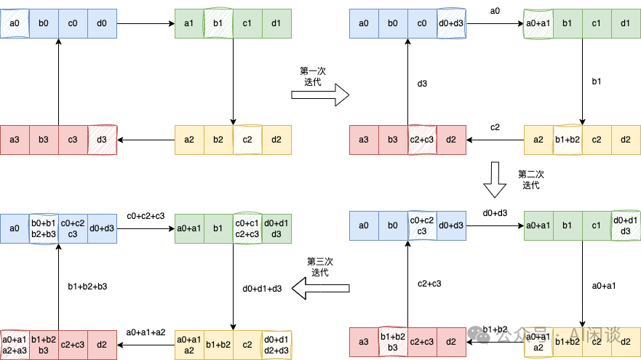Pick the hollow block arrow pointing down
[495, 180]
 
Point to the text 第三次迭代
[321, 267]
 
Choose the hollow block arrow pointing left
[321, 289]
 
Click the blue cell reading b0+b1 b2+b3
[44, 229]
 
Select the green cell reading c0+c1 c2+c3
[247, 229]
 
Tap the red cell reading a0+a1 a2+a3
[15, 345]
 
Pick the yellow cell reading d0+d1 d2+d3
[276, 345]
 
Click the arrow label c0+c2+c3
[146, 216]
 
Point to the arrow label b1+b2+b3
[87, 286]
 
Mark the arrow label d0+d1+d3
[263, 288]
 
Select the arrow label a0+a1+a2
[146, 332]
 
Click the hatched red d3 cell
[102, 140]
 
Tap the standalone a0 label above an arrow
[495, 11]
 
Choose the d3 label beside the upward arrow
[422, 84]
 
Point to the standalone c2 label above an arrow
[495, 127]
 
